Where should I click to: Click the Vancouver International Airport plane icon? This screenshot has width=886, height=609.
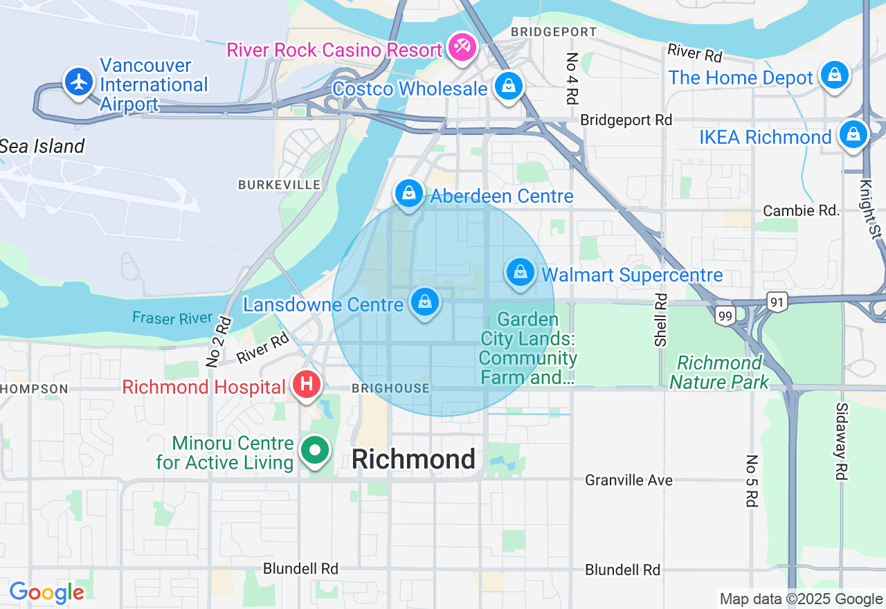click(x=80, y=82)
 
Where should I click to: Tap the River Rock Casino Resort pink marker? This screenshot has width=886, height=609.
click(x=460, y=47)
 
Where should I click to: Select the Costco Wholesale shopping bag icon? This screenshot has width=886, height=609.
click(x=509, y=86)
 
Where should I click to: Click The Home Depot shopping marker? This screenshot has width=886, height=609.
click(x=835, y=74)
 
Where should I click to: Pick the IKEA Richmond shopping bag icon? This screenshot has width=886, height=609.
click(x=853, y=134)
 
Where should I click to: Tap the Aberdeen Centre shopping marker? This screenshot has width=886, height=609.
click(x=409, y=193)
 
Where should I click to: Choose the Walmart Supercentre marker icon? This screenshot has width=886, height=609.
click(x=520, y=272)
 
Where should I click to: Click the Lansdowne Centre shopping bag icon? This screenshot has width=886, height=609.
click(x=425, y=302)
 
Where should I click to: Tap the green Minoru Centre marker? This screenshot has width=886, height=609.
click(x=316, y=451)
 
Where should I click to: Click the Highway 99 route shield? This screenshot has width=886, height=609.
click(x=725, y=316)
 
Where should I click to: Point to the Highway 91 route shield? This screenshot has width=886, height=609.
click(x=777, y=301)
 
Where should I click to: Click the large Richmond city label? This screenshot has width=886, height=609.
click(x=413, y=460)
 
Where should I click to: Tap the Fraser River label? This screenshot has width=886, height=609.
click(x=172, y=318)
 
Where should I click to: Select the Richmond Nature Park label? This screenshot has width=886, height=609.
click(x=719, y=372)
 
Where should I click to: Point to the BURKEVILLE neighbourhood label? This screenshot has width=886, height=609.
click(x=280, y=185)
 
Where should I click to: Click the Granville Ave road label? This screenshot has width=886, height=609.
click(x=629, y=480)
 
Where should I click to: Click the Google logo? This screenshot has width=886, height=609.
click(x=46, y=592)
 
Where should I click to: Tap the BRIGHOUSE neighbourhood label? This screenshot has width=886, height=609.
click(x=390, y=388)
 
